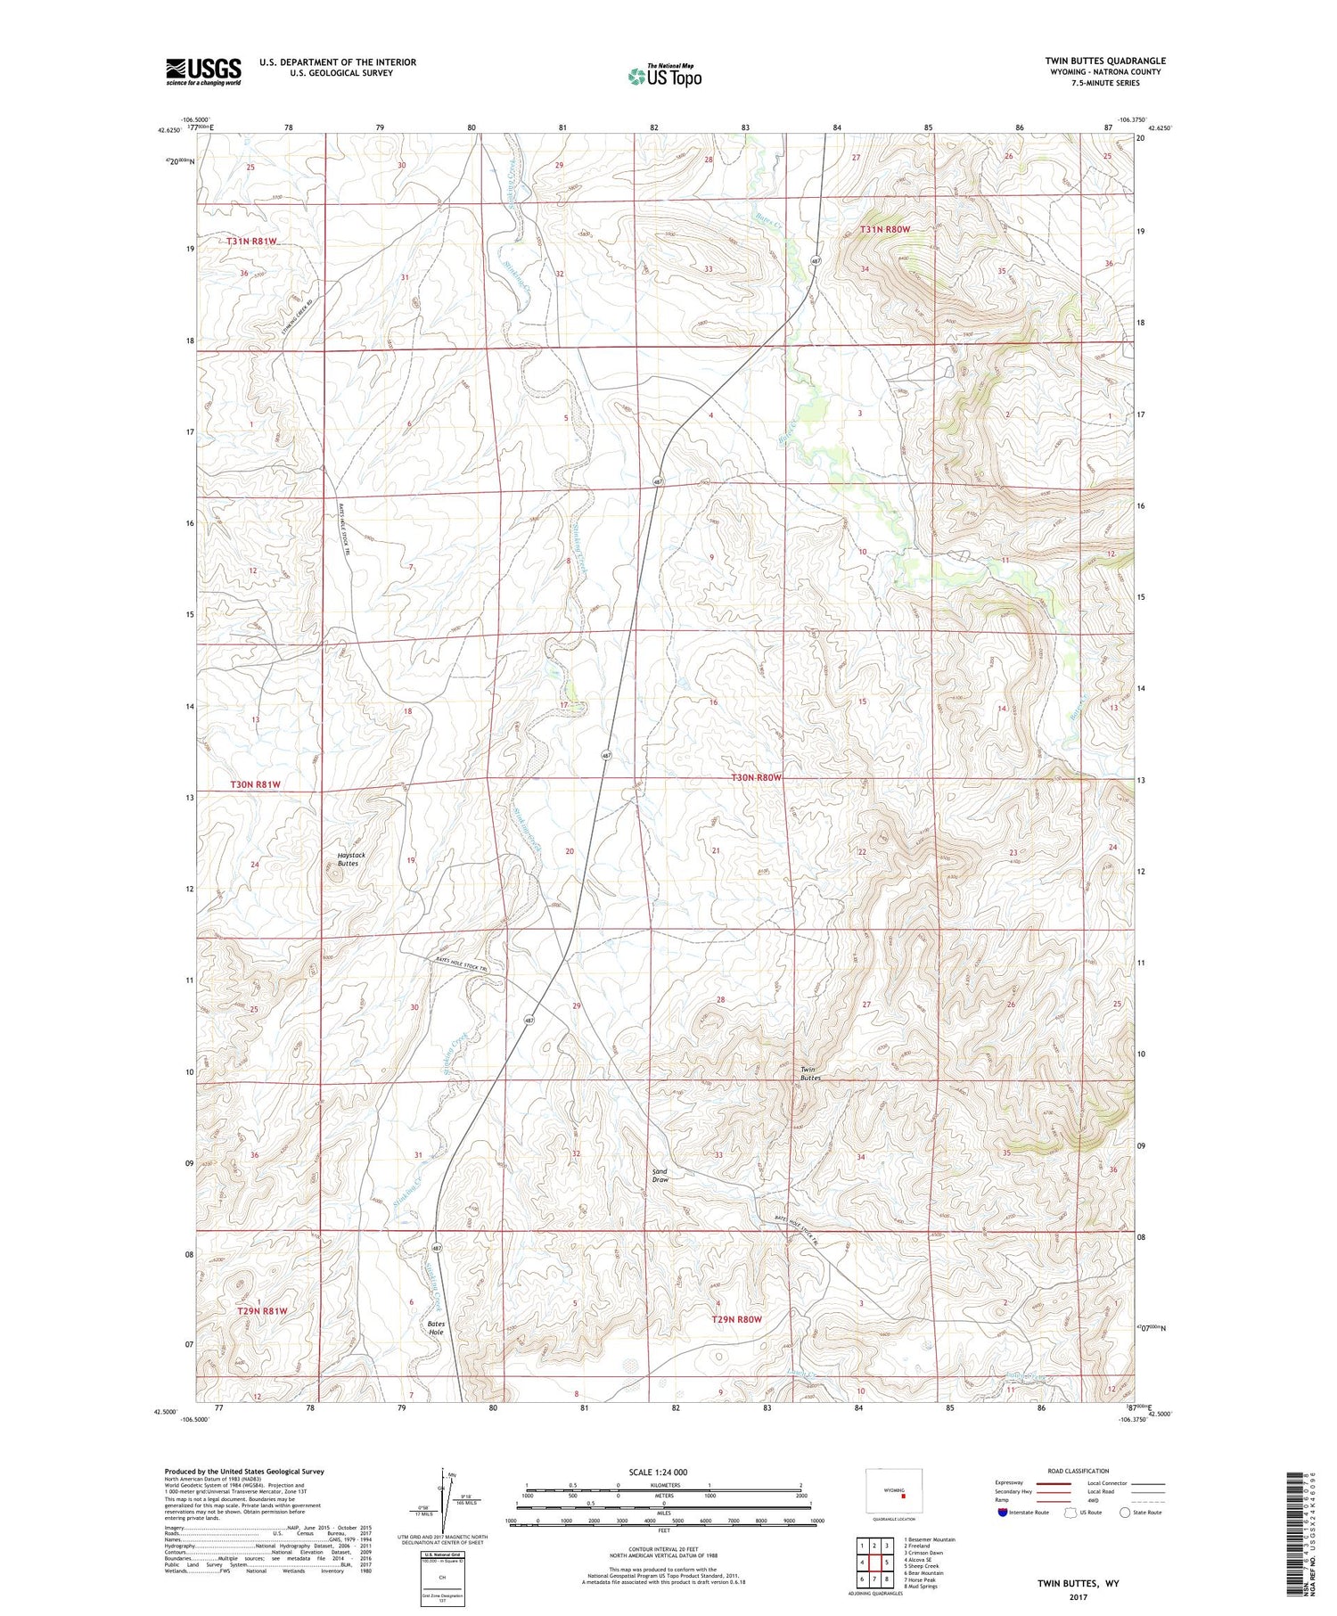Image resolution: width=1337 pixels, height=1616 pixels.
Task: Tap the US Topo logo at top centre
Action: tap(665, 76)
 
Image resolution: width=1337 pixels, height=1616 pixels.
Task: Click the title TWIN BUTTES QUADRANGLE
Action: tap(1105, 61)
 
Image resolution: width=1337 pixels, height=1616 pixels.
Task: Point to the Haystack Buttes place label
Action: tap(351, 859)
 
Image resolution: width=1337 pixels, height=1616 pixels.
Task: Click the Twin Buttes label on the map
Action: tap(810, 1074)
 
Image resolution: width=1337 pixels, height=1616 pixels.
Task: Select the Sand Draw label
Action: tap(660, 1175)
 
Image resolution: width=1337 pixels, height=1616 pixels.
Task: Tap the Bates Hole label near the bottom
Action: tap(436, 1328)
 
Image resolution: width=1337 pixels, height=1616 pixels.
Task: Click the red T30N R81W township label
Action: tap(256, 784)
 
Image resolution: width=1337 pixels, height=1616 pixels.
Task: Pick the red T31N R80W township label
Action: tap(885, 229)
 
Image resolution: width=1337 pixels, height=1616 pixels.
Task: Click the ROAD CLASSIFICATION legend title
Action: tap(1079, 1471)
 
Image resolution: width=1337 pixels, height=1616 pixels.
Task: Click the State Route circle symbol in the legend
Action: tap(1125, 1513)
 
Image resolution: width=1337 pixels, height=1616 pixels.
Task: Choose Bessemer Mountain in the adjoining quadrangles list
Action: tap(930, 1539)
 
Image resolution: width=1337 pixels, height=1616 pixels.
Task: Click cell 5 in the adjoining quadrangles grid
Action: tap(888, 1562)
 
